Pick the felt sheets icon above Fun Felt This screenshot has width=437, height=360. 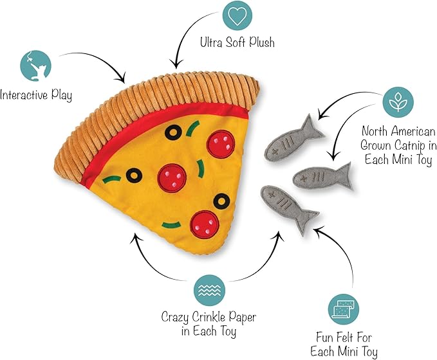click(x=341, y=310)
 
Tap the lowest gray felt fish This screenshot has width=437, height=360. click(x=288, y=209)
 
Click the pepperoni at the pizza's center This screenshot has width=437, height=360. click(x=171, y=174)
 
